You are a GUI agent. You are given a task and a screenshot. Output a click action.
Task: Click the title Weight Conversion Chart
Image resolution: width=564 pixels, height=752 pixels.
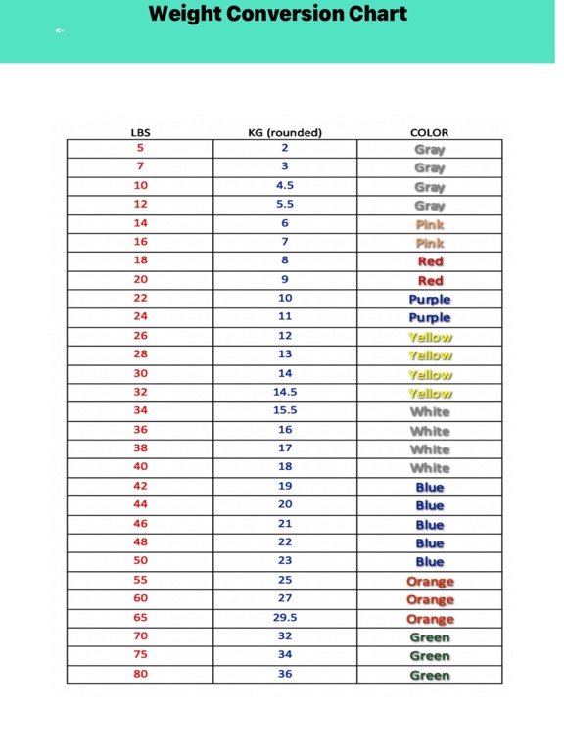point(277,15)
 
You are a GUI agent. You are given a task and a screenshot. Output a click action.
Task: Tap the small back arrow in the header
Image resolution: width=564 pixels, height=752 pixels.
point(60,31)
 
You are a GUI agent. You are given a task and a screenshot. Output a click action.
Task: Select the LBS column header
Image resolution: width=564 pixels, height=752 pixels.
point(140,132)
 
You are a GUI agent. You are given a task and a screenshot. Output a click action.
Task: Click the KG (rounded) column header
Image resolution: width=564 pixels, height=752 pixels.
point(285,132)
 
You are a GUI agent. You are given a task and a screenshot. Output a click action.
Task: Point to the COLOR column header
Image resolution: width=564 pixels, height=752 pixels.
point(429,132)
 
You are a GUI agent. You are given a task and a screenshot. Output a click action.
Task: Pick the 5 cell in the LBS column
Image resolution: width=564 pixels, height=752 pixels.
point(140,148)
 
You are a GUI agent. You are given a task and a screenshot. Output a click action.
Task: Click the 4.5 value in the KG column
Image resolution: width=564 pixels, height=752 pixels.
point(285,185)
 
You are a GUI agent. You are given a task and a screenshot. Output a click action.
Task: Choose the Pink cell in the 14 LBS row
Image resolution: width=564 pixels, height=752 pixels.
point(430,224)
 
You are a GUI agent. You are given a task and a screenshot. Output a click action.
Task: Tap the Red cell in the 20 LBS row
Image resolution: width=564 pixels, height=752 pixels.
point(430,280)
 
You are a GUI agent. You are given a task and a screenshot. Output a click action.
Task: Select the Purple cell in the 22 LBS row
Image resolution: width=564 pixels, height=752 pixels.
point(430,299)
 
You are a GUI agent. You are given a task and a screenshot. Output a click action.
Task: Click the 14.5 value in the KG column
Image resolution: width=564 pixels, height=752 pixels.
point(285,392)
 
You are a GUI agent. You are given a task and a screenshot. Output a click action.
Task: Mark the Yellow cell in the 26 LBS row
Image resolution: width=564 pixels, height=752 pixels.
point(430,337)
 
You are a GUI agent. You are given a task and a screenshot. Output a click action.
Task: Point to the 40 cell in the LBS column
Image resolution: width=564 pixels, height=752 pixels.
point(140,467)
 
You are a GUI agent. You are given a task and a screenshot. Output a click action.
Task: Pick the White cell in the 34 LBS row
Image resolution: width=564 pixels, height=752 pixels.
point(430,411)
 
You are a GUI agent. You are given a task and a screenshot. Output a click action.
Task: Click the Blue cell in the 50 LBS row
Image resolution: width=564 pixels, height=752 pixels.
point(430,562)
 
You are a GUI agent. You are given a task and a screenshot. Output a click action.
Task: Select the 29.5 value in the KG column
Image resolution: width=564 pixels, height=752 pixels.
point(285,618)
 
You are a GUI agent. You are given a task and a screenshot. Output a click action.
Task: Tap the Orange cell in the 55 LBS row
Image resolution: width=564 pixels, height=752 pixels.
point(430,581)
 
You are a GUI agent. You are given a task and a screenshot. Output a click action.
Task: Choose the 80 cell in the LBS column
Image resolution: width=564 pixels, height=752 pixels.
point(140,674)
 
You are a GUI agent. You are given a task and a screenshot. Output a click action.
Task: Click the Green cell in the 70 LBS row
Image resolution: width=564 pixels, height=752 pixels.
point(430,637)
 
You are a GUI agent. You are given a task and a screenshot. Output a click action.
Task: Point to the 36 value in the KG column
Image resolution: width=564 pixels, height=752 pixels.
point(285,674)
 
